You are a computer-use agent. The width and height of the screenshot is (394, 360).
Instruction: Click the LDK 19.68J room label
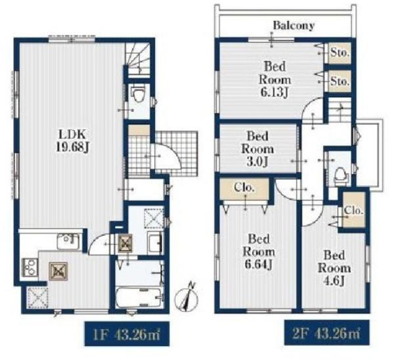(x=72, y=141)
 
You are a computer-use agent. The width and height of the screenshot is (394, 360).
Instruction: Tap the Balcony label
(x=294, y=26)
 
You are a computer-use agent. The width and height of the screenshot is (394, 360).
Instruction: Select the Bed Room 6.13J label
(x=274, y=79)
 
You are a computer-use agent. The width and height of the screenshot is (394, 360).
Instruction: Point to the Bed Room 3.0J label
(x=257, y=149)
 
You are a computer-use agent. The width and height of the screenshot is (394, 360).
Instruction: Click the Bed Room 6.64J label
(x=259, y=252)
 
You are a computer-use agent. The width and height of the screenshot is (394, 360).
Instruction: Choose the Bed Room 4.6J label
(x=334, y=268)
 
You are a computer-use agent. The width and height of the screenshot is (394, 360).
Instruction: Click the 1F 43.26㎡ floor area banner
(x=127, y=334)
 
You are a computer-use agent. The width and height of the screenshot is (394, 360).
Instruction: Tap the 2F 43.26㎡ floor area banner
(x=326, y=332)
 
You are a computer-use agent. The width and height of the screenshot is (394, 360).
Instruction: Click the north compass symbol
(x=187, y=298)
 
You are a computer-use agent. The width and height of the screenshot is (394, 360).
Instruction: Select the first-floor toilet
(x=138, y=93)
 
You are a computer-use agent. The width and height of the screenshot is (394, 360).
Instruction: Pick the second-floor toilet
(x=340, y=175)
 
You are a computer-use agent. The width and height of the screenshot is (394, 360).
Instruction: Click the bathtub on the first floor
(x=139, y=298)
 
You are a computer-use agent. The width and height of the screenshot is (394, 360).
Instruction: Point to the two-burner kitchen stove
(x=30, y=267)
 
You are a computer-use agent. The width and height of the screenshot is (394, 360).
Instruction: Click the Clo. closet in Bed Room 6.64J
(x=244, y=189)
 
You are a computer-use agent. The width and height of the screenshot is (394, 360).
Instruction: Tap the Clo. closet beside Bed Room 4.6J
(x=354, y=210)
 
